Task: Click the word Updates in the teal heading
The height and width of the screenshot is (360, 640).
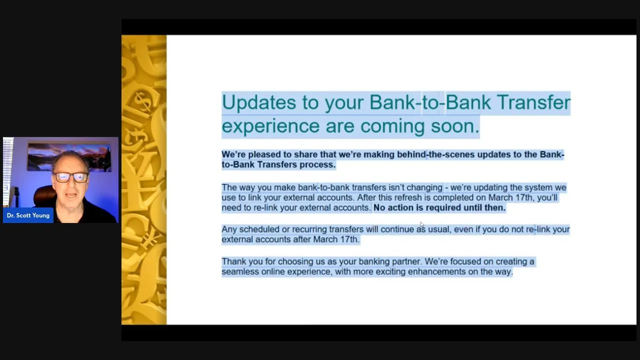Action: pos(259,102)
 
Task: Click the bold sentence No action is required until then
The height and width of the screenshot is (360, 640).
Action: pos(439,207)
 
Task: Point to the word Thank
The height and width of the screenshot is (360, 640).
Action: pos(233,261)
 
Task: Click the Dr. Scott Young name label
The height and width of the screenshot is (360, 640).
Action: pos(28,215)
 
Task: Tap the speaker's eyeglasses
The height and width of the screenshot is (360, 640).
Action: pos(71,177)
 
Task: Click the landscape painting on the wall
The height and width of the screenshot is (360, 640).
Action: pos(69,157)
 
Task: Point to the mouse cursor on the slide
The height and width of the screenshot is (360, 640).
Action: pos(421,224)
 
